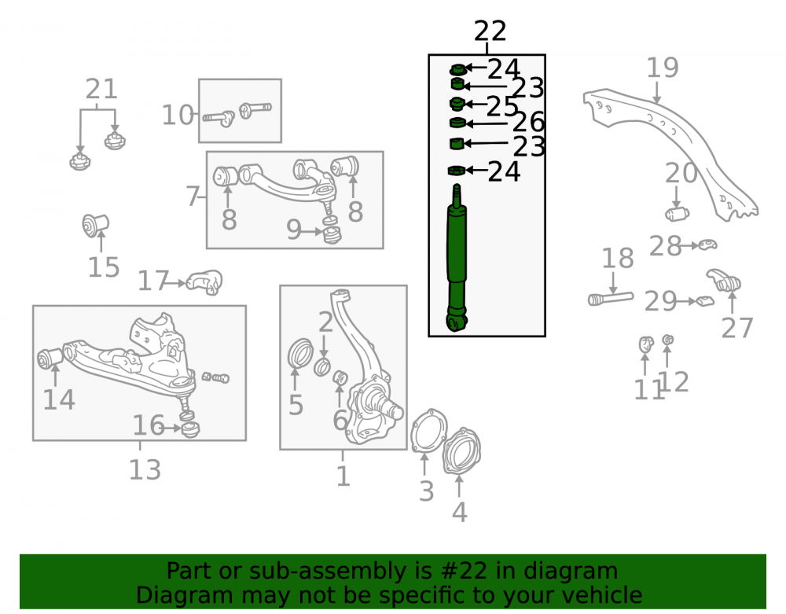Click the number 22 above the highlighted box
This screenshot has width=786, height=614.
coord(490,31)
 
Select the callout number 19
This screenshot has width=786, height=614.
coord(662,68)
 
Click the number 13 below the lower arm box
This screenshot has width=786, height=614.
coord(145,470)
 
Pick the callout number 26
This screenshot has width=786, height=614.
coord(528,123)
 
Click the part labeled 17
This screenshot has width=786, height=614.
coord(204,282)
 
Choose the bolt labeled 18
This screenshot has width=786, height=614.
coord(611,299)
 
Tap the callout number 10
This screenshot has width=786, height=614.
coord(178,116)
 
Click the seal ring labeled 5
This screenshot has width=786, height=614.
coord(300,353)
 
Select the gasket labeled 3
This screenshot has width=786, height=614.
coord(428,431)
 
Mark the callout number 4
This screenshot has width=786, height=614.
coord(460,513)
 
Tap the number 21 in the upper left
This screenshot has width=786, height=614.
coord(101,89)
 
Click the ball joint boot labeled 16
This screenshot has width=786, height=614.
coord(190,429)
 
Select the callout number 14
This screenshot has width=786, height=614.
coord(59,400)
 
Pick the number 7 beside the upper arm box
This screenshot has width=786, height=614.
coord(193,196)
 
